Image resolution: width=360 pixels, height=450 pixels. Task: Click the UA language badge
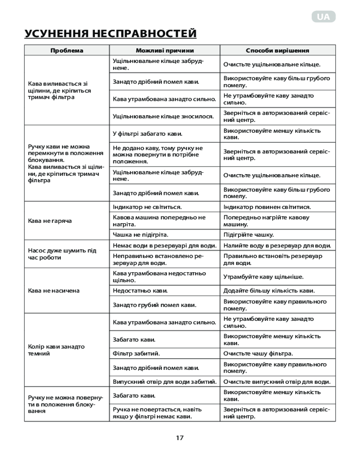click(323, 17)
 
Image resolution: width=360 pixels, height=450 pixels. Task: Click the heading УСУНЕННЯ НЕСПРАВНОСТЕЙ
click(111, 34)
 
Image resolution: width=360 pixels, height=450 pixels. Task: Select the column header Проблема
click(67, 50)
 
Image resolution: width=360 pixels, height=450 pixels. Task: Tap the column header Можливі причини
click(165, 50)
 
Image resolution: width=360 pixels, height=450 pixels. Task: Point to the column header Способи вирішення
click(277, 50)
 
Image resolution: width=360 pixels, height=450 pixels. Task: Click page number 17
click(180, 437)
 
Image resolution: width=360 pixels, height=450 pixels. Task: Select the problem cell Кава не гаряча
click(50, 221)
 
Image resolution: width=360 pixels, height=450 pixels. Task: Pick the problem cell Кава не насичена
click(54, 291)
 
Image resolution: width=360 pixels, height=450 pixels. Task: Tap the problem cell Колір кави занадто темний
click(56, 350)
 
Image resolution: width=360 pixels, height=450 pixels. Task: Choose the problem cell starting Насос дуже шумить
click(62, 254)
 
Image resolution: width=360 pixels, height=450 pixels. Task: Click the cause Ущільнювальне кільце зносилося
click(163, 116)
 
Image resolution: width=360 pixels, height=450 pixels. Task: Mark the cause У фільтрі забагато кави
click(148, 134)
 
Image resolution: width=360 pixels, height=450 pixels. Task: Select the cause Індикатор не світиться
click(147, 207)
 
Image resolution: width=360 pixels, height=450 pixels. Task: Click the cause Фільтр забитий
click(136, 354)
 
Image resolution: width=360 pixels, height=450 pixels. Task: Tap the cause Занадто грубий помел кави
click(155, 305)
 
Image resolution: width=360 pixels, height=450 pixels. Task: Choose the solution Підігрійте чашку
click(249, 235)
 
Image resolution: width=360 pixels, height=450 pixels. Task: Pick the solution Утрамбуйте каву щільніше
click(263, 277)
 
